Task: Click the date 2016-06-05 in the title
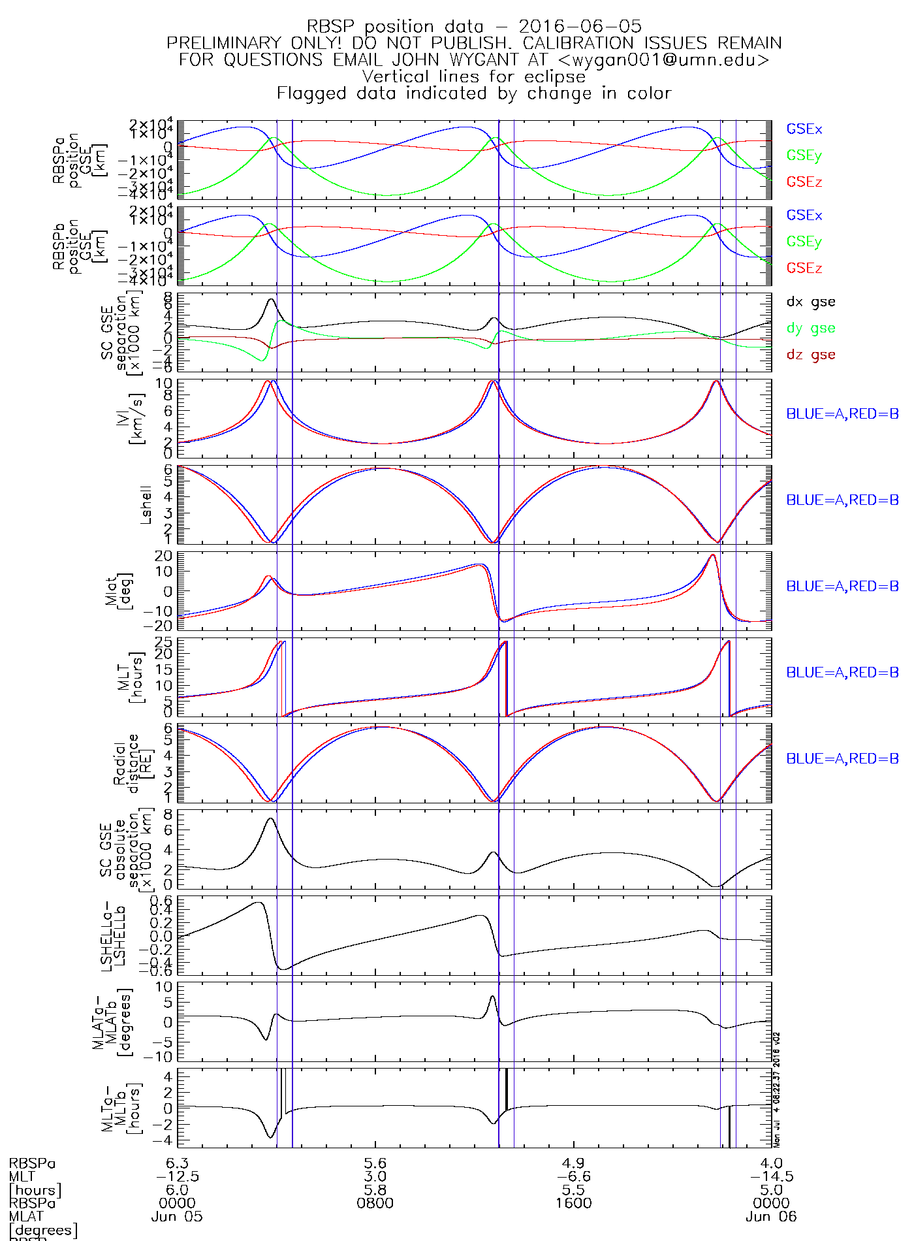pos(580,27)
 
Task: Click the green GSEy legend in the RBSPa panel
pos(804,155)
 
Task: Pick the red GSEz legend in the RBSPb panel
pos(804,268)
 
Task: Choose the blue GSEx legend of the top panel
pos(804,129)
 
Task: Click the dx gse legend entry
pos(810,302)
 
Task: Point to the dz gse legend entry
pos(810,355)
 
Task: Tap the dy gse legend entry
pos(810,328)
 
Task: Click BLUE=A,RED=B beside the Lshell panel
pos(842,500)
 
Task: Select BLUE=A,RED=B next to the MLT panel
pos(842,673)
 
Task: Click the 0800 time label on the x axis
pos(375,1203)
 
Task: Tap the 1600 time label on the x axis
pos(574,1203)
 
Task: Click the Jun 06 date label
pos(771,1217)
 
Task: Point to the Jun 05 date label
pos(177,1217)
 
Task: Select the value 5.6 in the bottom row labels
pos(375,1163)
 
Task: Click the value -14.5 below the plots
pos(771,1176)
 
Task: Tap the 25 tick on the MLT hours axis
pos(164,641)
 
